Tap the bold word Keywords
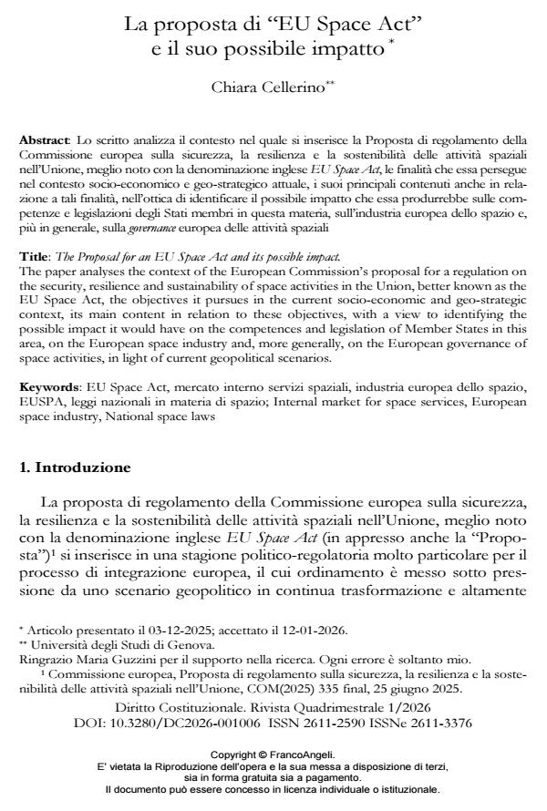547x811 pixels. point(48,387)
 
